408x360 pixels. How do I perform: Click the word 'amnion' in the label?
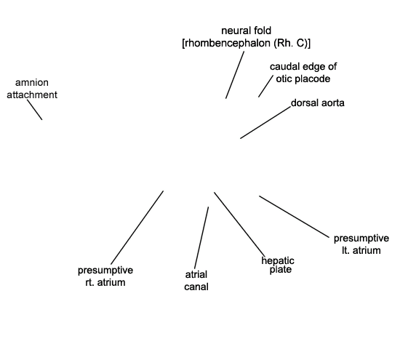pyautogui.click(x=32, y=82)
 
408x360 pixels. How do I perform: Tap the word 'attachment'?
pyautogui.click(x=32, y=95)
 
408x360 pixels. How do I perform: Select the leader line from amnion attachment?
pyautogui.click(x=35, y=110)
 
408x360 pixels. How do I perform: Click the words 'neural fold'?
pyautogui.click(x=246, y=31)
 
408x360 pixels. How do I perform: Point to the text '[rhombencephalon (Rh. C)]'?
pyautogui.click(x=246, y=43)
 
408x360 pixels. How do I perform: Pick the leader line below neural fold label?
pyautogui.click(x=235, y=75)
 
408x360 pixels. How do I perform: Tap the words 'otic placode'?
pyautogui.click(x=303, y=79)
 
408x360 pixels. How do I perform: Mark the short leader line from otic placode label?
pyautogui.click(x=265, y=86)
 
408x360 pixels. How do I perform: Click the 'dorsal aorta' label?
pyautogui.click(x=317, y=103)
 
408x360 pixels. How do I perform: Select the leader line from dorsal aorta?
pyautogui.click(x=265, y=122)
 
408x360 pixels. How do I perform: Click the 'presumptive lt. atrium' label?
pyautogui.click(x=361, y=244)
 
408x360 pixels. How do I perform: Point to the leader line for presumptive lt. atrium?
pyautogui.click(x=294, y=217)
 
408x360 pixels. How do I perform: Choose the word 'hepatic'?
pyautogui.click(x=278, y=260)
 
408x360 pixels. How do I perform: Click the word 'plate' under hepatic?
pyautogui.click(x=280, y=270)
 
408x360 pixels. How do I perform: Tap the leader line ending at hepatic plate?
pyautogui.click(x=240, y=225)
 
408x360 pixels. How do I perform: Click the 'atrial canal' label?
pyautogui.click(x=196, y=281)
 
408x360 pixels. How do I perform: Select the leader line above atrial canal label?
pyautogui.click(x=201, y=238)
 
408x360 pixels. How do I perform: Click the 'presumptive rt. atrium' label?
pyautogui.click(x=105, y=276)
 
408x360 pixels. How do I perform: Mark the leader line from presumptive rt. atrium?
pyautogui.click(x=137, y=228)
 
